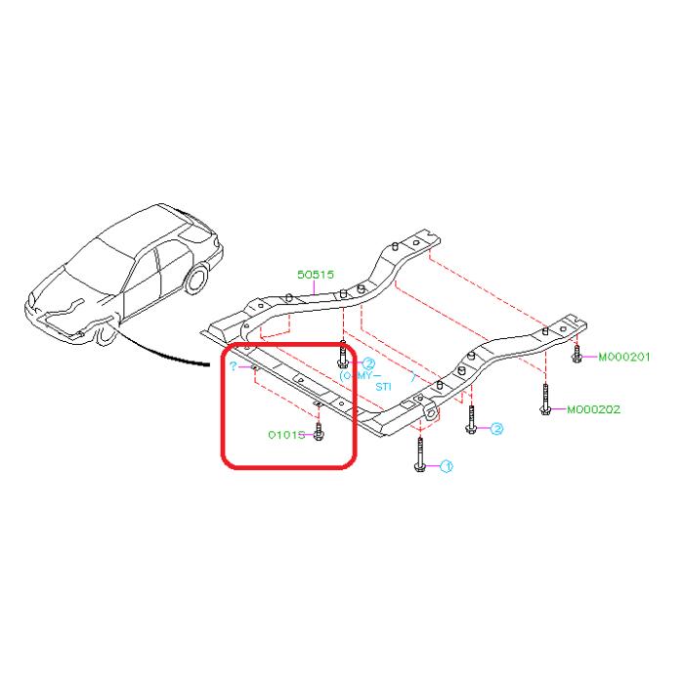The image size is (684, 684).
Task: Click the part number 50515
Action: pyautogui.click(x=316, y=277)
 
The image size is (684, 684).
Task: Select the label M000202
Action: pyautogui.click(x=593, y=409)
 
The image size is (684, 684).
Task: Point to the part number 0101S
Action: pyautogui.click(x=288, y=433)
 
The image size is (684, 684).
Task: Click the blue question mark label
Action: pyautogui.click(x=233, y=366)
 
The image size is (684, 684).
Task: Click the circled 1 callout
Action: pyautogui.click(x=447, y=467)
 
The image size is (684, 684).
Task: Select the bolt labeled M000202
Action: pyautogui.click(x=544, y=401)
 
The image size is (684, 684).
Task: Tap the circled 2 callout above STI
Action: pyautogui.click(x=369, y=363)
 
